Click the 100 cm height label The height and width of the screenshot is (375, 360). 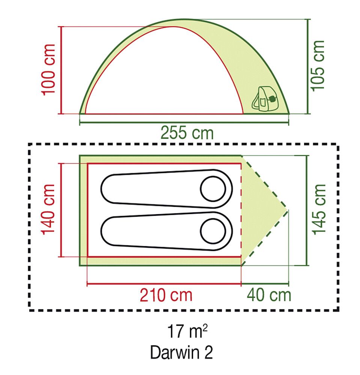pos(49,70)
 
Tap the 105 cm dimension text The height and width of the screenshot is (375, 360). pos(318,66)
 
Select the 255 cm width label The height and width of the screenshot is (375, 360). pos(187,133)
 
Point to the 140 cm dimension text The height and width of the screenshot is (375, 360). pos(48,210)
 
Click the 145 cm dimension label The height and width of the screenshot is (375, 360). pos(319,210)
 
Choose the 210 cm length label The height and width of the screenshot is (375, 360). pos(166,295)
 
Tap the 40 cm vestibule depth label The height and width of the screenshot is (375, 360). pos(269,295)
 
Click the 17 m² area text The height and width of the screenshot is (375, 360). pos(187,331)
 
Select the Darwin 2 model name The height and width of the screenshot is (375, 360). pos(181,352)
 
